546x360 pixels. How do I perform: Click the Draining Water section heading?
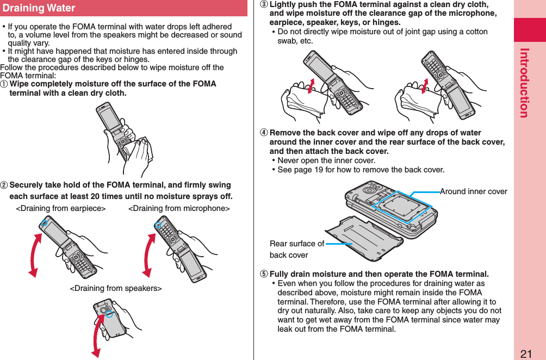coord(39,8)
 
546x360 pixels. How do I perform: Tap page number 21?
coord(526,354)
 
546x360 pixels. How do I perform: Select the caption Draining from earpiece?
coord(61,209)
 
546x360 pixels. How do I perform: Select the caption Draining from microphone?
coord(179,209)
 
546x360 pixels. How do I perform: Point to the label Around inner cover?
coord(473,191)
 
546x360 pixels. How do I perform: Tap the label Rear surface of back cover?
coord(296,249)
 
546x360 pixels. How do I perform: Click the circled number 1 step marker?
coord(5,84)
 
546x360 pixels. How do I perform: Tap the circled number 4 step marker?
coord(263,133)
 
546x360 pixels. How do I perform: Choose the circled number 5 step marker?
coord(263,274)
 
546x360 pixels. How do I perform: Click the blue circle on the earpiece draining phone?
coord(45,222)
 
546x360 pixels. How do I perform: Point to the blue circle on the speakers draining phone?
coord(108,314)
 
